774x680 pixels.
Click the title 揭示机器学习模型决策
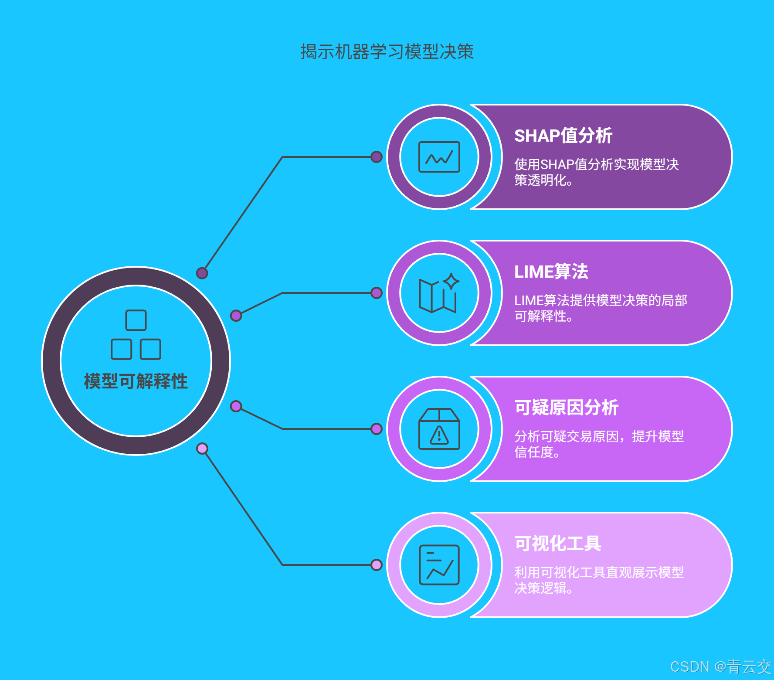click(387, 52)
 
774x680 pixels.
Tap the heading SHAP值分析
click(563, 136)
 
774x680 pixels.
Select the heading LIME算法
click(551, 272)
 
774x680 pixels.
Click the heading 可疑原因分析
click(566, 408)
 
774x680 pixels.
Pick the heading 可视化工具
click(557, 544)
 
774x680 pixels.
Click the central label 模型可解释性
click(136, 381)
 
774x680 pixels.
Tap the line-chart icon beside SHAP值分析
click(439, 157)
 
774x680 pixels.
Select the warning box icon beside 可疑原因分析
click(439, 429)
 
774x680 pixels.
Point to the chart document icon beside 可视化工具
click(439, 565)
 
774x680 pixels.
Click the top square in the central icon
click(136, 320)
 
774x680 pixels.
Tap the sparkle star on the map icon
click(451, 281)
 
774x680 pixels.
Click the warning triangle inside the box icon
click(439, 435)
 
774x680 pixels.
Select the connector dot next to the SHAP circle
click(377, 157)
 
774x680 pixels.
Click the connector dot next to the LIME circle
click(377, 293)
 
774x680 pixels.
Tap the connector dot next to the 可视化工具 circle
click(377, 565)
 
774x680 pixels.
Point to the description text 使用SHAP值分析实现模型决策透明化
click(596, 172)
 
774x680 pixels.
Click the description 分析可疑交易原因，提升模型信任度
click(599, 444)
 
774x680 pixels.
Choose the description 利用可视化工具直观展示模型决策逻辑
click(599, 580)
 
